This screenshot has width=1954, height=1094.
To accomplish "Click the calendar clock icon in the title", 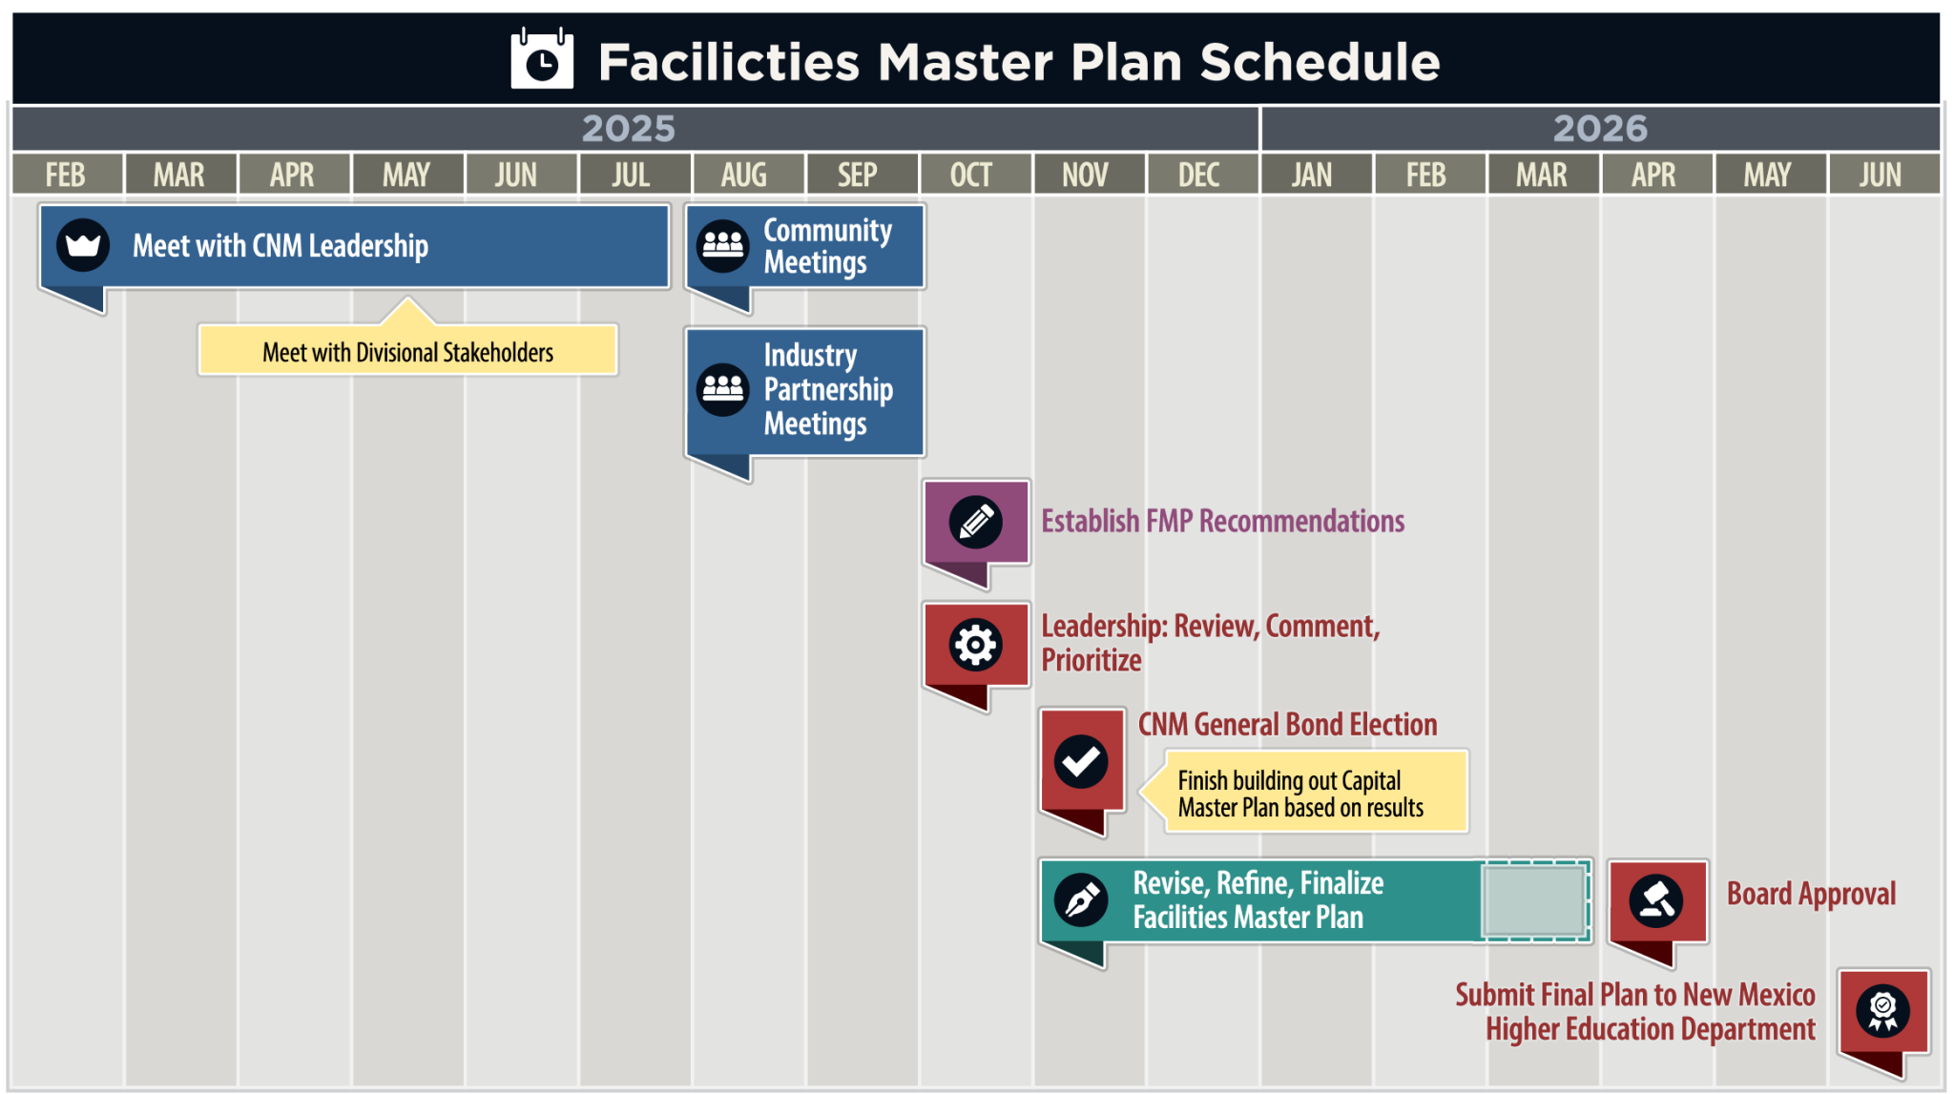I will point(542,60).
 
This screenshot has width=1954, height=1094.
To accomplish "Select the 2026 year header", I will point(1600,129).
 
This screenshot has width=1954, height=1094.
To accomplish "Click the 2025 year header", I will point(629,129).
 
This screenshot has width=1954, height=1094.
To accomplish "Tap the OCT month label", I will point(971,175).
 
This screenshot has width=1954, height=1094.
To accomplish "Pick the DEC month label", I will point(1198,175).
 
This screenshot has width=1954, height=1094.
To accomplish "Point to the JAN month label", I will point(1312,175).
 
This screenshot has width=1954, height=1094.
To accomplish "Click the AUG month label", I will point(744,175).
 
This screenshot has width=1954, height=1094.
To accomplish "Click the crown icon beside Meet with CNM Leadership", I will point(83,245).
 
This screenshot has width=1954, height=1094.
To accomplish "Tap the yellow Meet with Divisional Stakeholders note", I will point(408,351).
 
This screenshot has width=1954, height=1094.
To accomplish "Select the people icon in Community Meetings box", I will point(723,246).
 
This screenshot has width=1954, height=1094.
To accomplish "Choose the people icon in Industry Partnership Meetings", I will point(723,389).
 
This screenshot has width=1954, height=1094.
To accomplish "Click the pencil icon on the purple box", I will point(975,522).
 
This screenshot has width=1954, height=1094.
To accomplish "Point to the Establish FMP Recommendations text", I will point(1222,521).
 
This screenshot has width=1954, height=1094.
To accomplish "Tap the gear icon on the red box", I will point(975,645).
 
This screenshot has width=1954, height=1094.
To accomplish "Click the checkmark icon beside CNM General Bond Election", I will point(1081,761).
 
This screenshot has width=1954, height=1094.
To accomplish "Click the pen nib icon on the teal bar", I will point(1081,899).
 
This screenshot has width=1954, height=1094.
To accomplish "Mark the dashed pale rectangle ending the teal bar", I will point(1534,900).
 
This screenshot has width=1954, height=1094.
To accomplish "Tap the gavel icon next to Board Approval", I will point(1656,900).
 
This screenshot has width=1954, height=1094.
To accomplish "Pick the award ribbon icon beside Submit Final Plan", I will point(1882,1011).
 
